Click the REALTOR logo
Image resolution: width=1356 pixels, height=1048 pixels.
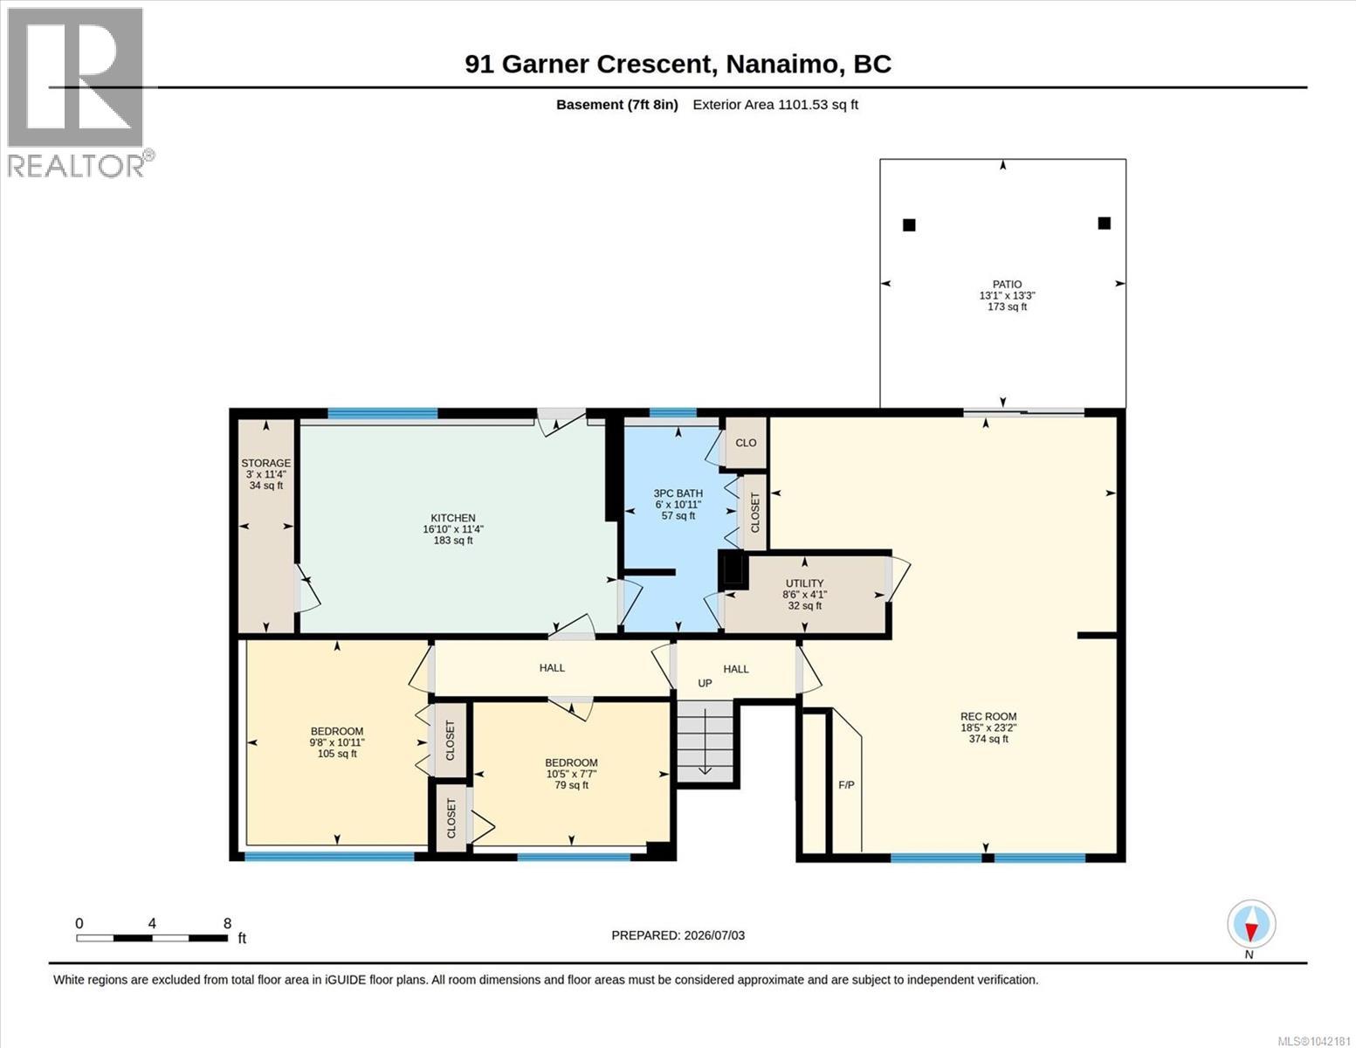[x=78, y=93]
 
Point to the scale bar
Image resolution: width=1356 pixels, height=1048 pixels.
[x=152, y=938]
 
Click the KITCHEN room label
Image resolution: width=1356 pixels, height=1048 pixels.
[x=453, y=528]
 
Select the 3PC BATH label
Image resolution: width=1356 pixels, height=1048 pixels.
[x=678, y=504]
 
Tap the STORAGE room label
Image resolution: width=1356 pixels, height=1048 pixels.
[x=265, y=473]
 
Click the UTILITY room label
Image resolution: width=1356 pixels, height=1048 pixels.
[x=804, y=594]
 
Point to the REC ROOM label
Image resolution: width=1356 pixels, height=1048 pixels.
[x=988, y=727]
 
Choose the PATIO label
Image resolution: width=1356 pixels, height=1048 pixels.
[x=1007, y=295]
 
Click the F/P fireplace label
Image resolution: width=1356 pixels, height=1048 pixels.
[x=846, y=784]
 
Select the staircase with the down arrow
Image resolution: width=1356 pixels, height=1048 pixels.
[x=706, y=741]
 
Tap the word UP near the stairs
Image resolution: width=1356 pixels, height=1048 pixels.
[x=705, y=683]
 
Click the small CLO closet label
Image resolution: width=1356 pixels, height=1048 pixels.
[x=746, y=443]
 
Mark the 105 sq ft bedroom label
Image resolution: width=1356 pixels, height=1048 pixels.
[x=337, y=742]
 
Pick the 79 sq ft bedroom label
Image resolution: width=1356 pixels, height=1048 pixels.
[x=571, y=774]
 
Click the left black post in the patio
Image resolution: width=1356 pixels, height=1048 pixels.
[x=909, y=224]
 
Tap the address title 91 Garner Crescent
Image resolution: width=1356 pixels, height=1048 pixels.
[x=588, y=64]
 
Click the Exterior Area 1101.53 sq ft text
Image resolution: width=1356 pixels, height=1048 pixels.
[x=775, y=105]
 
